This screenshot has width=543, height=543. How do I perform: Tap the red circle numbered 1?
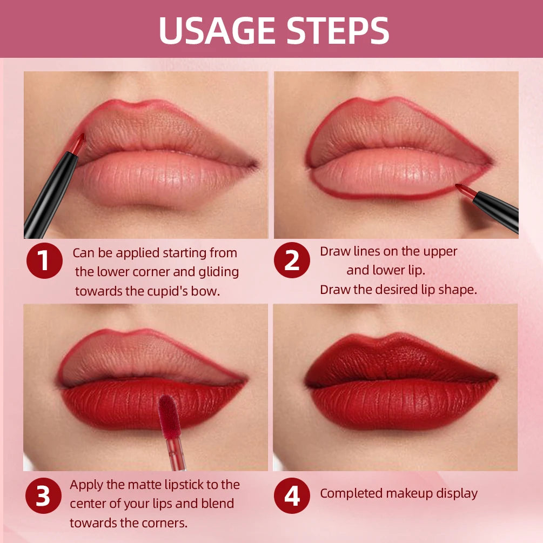(44, 261)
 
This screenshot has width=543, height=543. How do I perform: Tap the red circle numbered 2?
(292, 261)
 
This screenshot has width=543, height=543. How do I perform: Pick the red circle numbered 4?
(292, 495)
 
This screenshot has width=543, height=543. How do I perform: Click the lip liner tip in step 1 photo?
(78, 142)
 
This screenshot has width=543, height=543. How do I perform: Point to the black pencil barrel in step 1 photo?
(49, 195)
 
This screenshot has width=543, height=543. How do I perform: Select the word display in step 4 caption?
(457, 493)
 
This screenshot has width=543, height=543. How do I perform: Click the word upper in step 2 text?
(440, 251)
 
